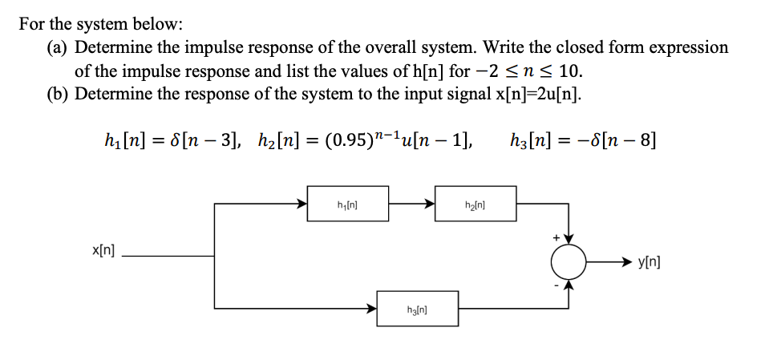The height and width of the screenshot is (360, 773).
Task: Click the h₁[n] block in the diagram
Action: tap(347, 204)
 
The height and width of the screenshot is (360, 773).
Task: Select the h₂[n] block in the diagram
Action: tap(476, 204)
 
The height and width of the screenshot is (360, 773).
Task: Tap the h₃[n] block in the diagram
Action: tap(417, 309)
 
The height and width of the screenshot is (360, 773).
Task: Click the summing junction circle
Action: tap(569, 261)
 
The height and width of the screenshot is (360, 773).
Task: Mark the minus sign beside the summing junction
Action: tap(552, 285)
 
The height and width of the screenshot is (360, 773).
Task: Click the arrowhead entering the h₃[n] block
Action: tap(373, 309)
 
